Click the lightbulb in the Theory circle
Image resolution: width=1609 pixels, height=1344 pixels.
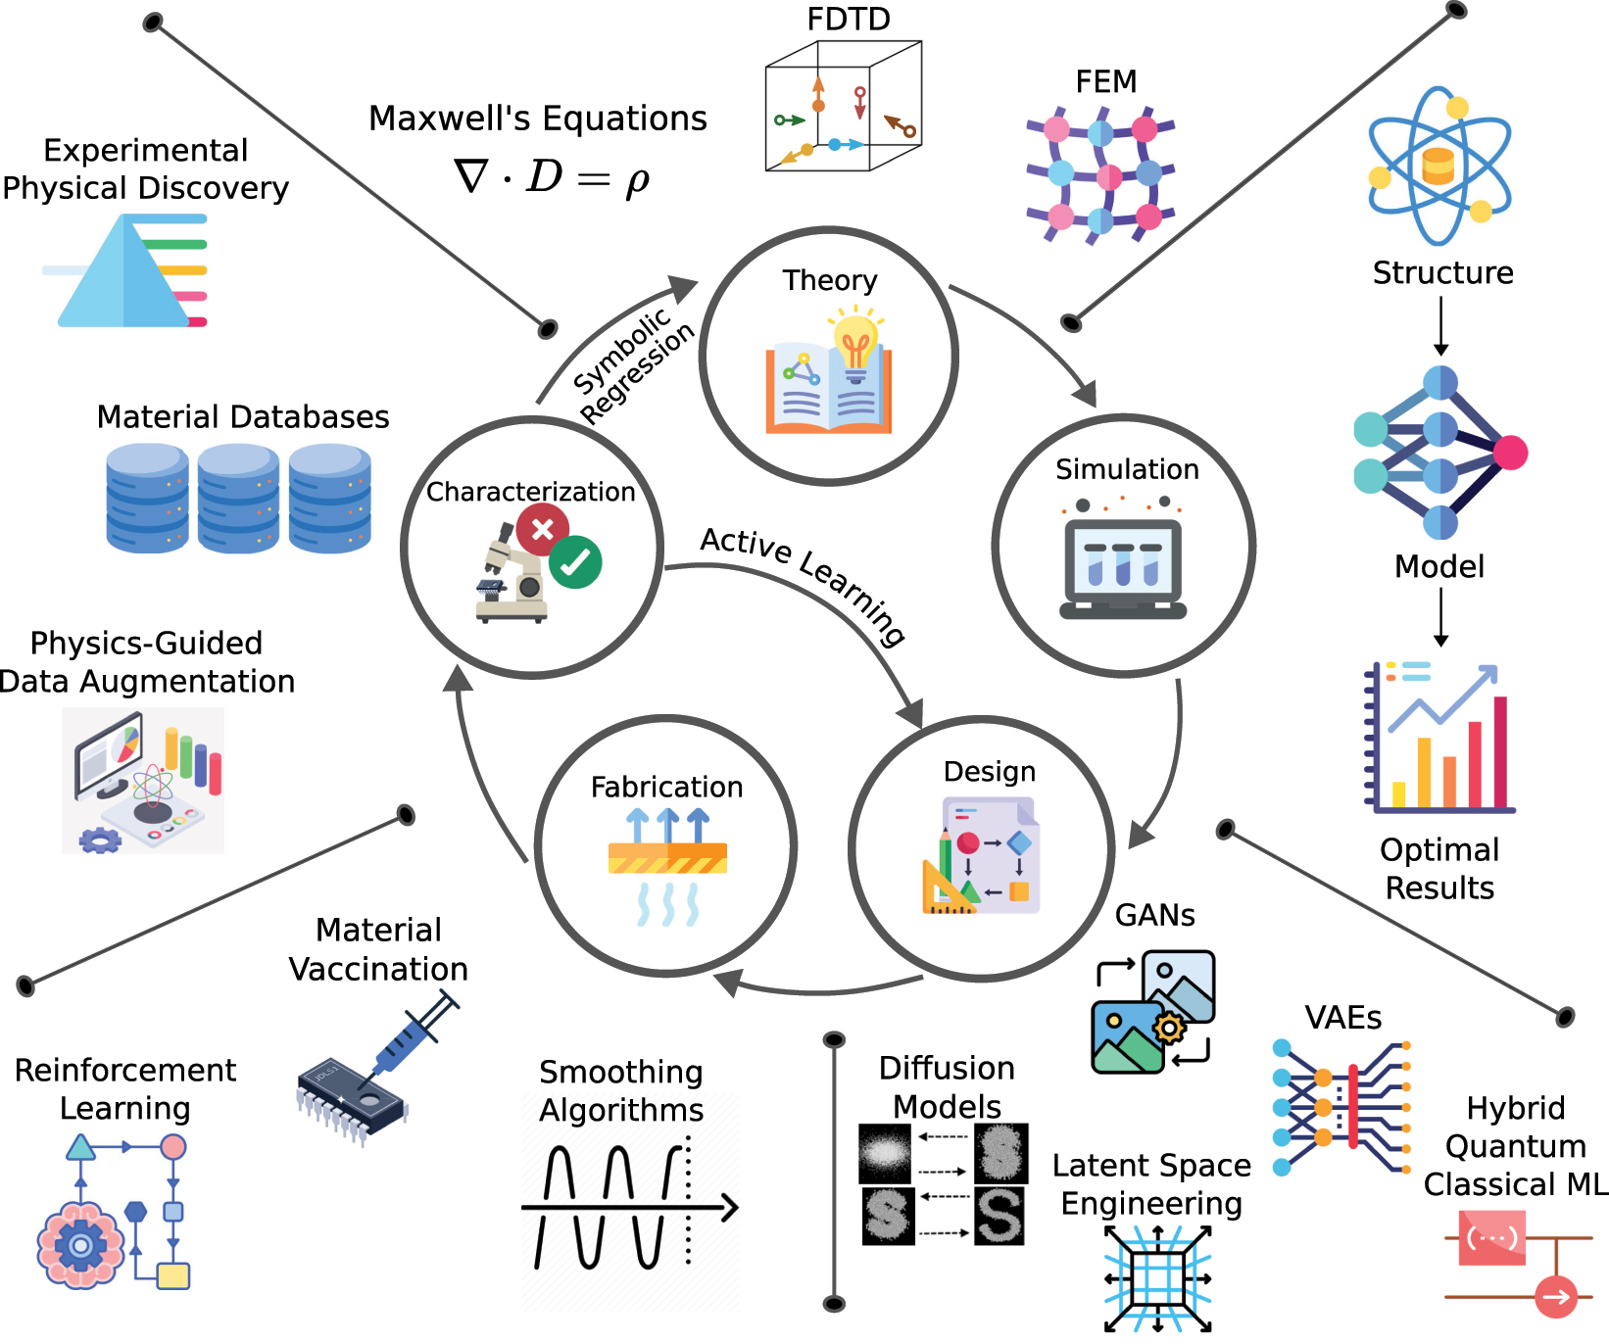pos(855,339)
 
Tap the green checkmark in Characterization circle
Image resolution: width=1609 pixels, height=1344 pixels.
pos(575,562)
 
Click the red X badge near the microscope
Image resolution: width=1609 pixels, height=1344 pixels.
pos(541,530)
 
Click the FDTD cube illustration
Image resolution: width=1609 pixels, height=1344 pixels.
pos(842,106)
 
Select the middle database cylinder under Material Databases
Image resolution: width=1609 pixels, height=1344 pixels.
pos(238,498)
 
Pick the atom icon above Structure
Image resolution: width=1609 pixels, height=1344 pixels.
pos(1438,165)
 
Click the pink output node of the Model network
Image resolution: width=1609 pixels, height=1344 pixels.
pos(1510,453)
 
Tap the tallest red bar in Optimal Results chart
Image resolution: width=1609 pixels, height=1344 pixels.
pos(1499,750)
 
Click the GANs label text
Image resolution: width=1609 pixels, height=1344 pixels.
pos(1154,915)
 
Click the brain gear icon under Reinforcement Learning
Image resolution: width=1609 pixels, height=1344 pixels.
pos(80,1245)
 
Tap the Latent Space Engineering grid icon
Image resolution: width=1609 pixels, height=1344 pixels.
pos(1157,1278)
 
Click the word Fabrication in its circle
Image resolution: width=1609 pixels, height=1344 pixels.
pos(666,787)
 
